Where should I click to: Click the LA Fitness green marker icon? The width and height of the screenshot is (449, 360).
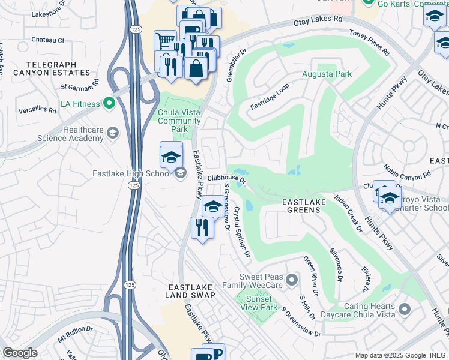[109, 104]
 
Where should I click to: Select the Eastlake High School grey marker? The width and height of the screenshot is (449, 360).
[179, 173]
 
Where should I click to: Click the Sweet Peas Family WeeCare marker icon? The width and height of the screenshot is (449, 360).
[292, 279]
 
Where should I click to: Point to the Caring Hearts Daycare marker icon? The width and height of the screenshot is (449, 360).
[404, 310]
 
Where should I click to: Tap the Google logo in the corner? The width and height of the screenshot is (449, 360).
[20, 353]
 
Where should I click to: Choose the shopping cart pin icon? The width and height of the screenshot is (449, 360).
[165, 41]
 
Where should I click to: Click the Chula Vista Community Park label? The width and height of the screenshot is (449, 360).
[179, 121]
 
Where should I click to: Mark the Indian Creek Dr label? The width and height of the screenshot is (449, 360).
[348, 213]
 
